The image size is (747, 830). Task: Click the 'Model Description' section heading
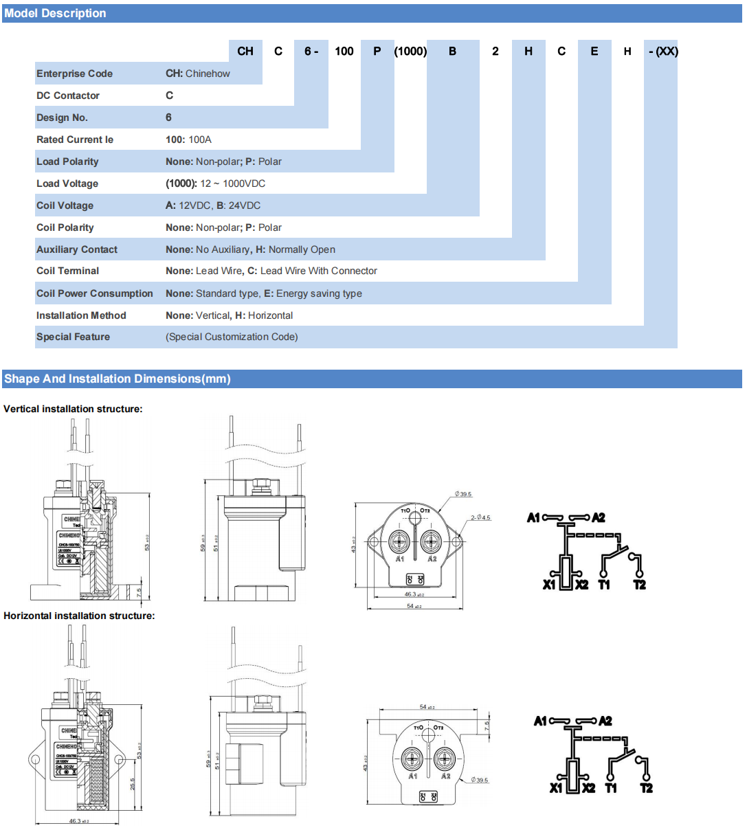pyautogui.click(x=55, y=13)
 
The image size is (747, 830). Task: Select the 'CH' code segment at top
pyautogui.click(x=245, y=51)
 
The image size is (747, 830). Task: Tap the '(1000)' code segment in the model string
pyautogui.click(x=410, y=51)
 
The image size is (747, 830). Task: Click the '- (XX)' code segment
pyautogui.click(x=662, y=51)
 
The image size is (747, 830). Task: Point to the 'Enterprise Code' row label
pyautogui.click(x=74, y=74)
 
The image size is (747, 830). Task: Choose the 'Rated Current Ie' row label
pyautogui.click(x=75, y=139)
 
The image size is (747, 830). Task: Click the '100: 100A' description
pyautogui.click(x=188, y=139)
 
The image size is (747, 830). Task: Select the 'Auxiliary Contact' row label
pyautogui.click(x=77, y=249)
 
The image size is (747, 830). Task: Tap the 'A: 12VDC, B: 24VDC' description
pyautogui.click(x=213, y=205)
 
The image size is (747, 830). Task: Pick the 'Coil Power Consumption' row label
pyautogui.click(x=95, y=293)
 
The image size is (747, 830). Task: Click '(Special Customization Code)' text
pyautogui.click(x=232, y=337)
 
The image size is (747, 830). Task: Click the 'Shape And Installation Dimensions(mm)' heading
pyautogui.click(x=118, y=379)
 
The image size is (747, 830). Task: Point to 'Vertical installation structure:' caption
pyautogui.click(x=73, y=409)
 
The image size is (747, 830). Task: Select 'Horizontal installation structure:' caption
pyautogui.click(x=79, y=616)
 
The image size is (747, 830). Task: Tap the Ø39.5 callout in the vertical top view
pyautogui.click(x=463, y=494)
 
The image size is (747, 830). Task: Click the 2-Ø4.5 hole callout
pyautogui.click(x=481, y=517)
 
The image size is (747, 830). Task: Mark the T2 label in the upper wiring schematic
pyautogui.click(x=639, y=585)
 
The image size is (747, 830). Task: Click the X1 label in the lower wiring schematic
pyautogui.click(x=556, y=788)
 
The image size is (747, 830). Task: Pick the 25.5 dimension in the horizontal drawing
pyautogui.click(x=133, y=784)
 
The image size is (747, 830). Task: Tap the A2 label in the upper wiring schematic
pyautogui.click(x=599, y=517)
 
